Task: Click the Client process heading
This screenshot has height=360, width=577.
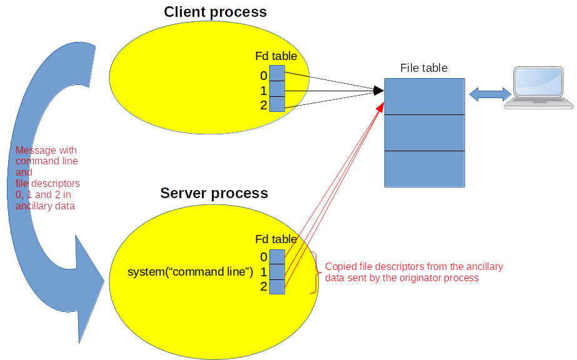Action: point(215,12)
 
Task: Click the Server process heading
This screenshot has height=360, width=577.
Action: point(214,193)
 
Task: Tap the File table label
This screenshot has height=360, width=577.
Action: point(424,68)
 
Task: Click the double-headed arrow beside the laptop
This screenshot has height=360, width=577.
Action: point(490,94)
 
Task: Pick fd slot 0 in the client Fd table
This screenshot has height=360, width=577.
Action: point(277,73)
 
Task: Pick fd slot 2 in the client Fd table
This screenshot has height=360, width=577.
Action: point(277,104)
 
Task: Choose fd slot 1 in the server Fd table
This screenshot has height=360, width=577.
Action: point(277,272)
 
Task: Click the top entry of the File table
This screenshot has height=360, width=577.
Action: point(424,96)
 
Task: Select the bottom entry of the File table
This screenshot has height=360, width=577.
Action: point(424,169)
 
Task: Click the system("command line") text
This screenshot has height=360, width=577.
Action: point(190,272)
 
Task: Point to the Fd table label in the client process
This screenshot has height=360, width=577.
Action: point(276,56)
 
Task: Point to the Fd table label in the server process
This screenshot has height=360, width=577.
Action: point(276,239)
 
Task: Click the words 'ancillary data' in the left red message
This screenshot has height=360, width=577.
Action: point(44,206)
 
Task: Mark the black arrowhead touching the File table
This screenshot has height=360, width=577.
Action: point(378,91)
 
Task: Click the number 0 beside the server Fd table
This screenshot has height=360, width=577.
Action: point(264,257)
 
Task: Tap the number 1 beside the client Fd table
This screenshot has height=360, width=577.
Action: point(264,91)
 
